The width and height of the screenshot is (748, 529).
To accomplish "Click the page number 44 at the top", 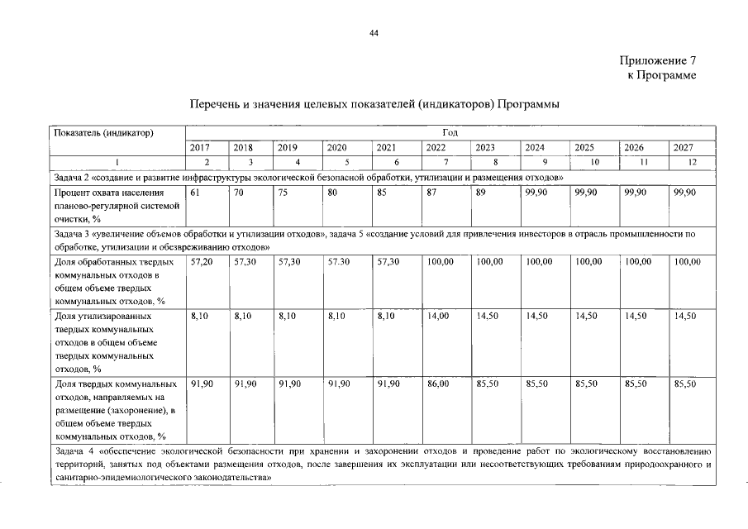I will click(374, 33).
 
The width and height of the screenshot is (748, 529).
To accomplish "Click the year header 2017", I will click(200, 148).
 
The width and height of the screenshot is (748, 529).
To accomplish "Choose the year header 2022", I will click(436, 148).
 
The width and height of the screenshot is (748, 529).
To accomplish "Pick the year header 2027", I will click(683, 148).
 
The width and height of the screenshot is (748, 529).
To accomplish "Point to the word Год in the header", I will click(450, 132).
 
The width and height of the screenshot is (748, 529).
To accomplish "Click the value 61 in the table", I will click(195, 193).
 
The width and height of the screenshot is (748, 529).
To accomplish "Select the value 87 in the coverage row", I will click(431, 193).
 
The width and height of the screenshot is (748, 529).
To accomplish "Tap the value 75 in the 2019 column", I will click(283, 193).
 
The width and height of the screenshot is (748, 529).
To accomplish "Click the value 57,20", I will click(202, 262).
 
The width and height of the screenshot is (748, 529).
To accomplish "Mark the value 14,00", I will click(438, 316).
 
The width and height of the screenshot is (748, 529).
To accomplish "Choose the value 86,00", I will click(438, 384).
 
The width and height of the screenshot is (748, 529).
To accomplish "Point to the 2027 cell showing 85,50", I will click(686, 384).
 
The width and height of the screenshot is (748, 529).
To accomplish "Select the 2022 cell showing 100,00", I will click(440, 262).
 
